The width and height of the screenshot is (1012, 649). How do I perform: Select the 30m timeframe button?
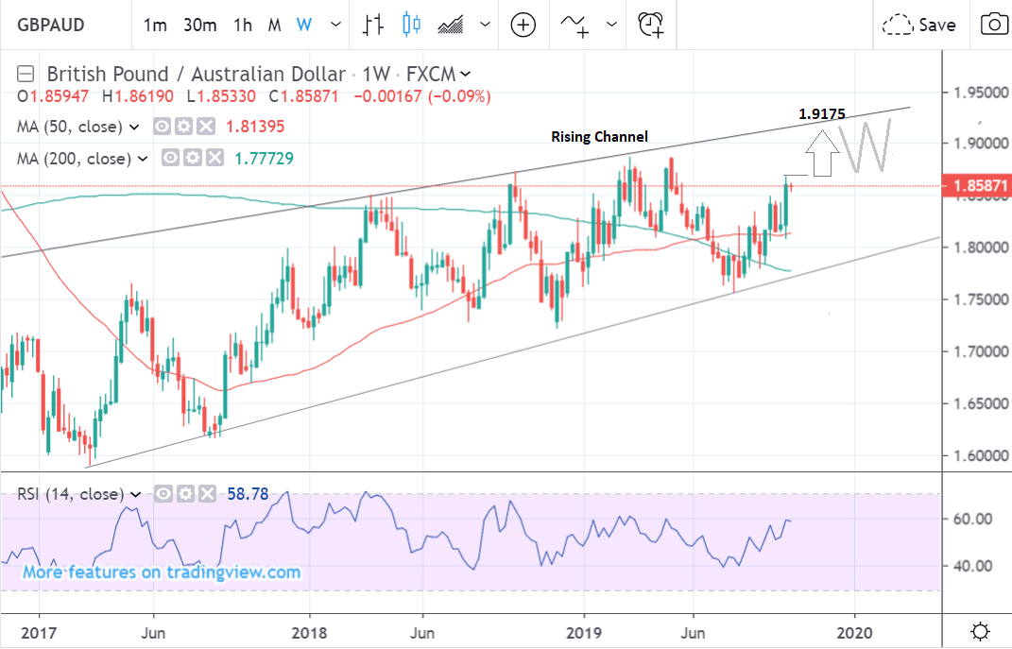click(x=200, y=26)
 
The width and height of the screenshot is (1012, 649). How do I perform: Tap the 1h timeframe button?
click(x=243, y=26)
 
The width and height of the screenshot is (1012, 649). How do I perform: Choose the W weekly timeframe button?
click(x=303, y=26)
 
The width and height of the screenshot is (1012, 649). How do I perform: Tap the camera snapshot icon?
click(x=993, y=25)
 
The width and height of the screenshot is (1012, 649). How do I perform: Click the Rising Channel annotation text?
click(x=599, y=137)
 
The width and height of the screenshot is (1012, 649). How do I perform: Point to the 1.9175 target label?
click(x=822, y=114)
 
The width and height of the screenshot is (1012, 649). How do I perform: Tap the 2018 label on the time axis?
click(x=309, y=631)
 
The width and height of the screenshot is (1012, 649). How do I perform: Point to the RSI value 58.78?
click(x=249, y=493)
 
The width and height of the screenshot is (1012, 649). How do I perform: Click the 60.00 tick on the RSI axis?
click(x=971, y=520)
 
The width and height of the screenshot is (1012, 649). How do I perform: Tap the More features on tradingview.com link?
click(x=162, y=572)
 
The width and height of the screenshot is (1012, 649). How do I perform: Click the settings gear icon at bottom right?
click(x=980, y=631)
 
